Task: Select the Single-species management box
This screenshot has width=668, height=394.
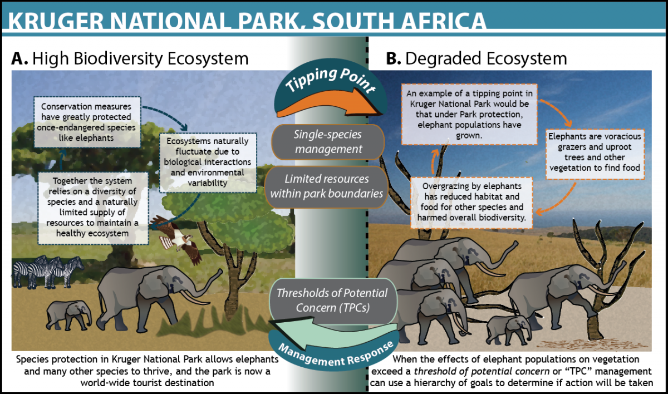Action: click(328, 142)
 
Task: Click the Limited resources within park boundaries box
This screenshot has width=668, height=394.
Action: click(327, 186)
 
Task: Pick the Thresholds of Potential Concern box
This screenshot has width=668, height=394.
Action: click(333, 301)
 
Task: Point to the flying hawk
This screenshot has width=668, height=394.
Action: click(176, 238)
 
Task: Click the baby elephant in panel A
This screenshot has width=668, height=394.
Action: click(69, 315)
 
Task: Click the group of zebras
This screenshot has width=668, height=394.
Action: click(48, 272)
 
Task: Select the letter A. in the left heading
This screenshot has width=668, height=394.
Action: click(19, 58)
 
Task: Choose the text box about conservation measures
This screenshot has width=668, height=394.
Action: click(87, 122)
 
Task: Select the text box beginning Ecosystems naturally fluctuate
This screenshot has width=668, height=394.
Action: click(208, 162)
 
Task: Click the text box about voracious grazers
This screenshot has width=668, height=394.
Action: click(595, 154)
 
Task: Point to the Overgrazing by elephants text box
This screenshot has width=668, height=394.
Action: click(471, 203)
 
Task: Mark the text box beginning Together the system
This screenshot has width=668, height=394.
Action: click(93, 208)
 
